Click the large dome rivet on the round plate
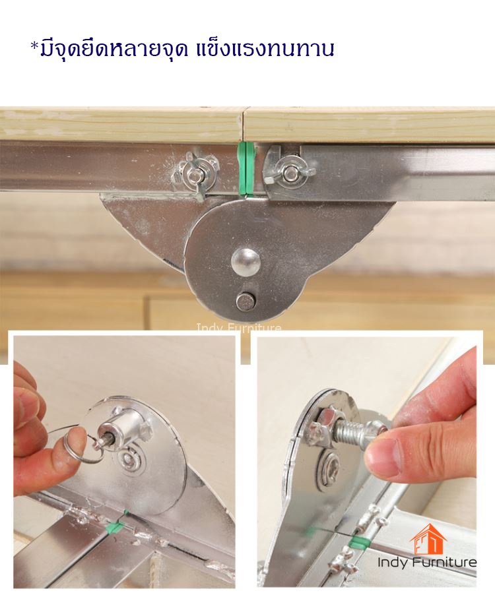tap(246, 263)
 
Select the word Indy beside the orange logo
tap(393, 563)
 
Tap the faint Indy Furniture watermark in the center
tap(239, 327)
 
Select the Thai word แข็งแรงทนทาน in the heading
tap(265, 49)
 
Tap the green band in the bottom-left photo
tap(117, 526)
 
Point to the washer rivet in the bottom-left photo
tap(130, 460)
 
